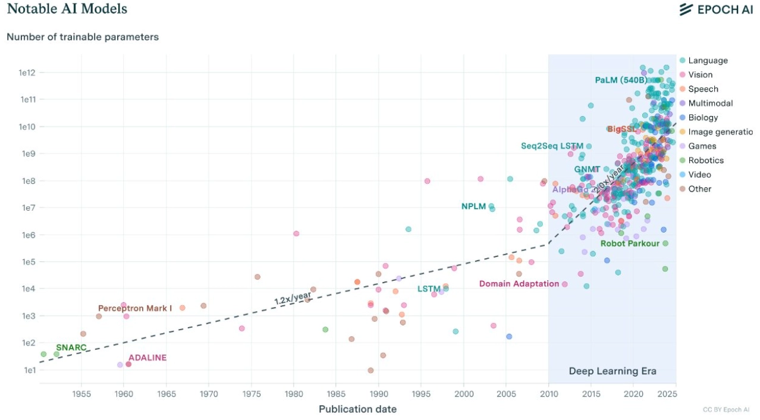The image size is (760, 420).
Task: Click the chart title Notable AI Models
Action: [67, 9]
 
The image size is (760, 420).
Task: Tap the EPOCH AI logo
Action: [716, 10]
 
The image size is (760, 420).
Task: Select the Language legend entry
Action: [707, 61]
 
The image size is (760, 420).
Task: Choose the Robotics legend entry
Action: [705, 161]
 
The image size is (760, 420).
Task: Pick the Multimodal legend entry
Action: [709, 104]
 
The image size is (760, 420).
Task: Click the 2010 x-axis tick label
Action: [549, 394]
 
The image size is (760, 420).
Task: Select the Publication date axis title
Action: [357, 409]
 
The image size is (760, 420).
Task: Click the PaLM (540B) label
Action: [621, 80]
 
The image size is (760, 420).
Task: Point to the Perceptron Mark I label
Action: [135, 308]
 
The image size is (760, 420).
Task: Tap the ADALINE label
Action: [147, 358]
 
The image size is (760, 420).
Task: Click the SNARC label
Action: [71, 347]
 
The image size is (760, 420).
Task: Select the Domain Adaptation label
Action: [519, 284]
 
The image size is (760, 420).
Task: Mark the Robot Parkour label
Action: [630, 243]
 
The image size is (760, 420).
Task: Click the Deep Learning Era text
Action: [613, 371]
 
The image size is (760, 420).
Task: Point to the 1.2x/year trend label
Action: [293, 297]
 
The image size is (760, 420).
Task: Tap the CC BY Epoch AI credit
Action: [726, 410]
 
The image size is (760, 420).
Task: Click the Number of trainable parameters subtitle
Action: [83, 37]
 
